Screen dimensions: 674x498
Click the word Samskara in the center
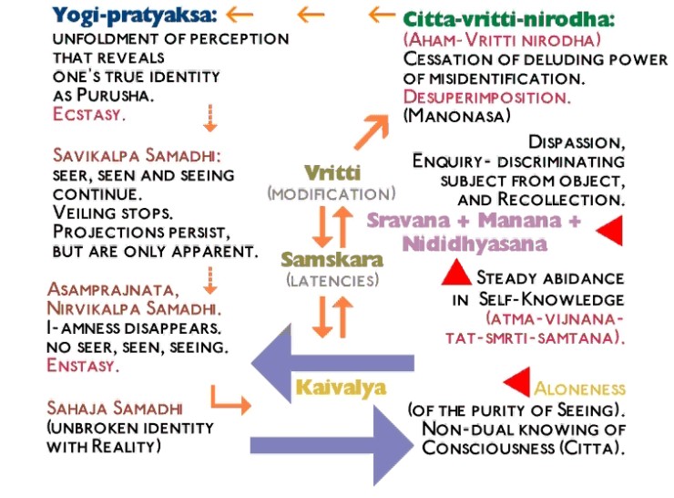point(332,259)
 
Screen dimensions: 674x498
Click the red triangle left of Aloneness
point(517,381)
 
